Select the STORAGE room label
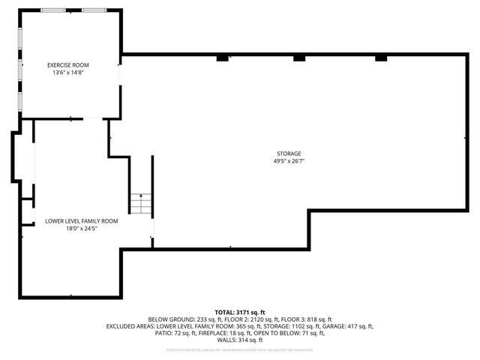[x=288, y=154]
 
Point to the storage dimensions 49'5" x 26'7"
[x=288, y=161]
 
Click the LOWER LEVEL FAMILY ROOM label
[x=81, y=220]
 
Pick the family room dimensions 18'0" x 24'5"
[x=81, y=228]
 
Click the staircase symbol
[x=141, y=202]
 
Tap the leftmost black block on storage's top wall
[x=222, y=57]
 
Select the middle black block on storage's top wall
[x=300, y=57]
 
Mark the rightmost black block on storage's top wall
[x=380, y=57]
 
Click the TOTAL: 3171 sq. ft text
[x=240, y=312]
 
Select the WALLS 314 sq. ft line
[x=240, y=340]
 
